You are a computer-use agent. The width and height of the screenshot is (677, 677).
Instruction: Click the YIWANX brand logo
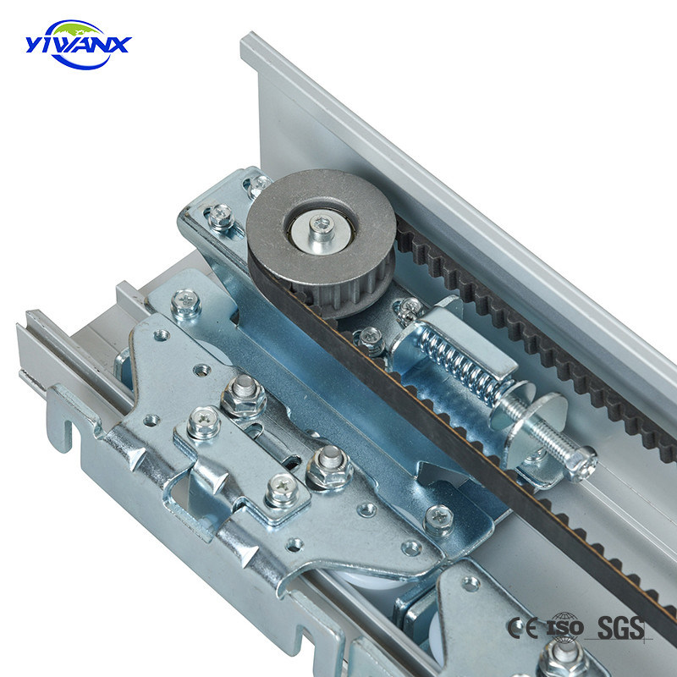(78, 45)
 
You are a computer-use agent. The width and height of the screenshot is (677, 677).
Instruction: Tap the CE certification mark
(523, 627)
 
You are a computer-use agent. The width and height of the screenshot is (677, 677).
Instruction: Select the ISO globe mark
(564, 627)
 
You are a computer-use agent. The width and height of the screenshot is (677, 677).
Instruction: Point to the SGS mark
(620, 627)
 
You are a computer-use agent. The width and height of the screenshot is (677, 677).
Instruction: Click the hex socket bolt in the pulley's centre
(322, 225)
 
